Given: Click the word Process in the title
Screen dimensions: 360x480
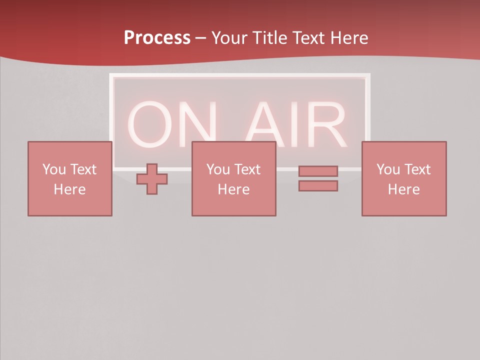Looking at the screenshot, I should (157, 37).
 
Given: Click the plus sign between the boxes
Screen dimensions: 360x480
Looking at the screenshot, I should (152, 179).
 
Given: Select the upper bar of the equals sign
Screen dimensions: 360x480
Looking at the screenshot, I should (318, 171).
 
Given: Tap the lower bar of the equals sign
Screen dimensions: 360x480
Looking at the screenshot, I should (318, 186).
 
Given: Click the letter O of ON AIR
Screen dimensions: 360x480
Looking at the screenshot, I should (150, 125).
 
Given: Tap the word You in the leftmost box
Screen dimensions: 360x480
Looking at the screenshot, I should (53, 169).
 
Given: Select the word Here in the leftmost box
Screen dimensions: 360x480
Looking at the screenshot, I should (69, 189).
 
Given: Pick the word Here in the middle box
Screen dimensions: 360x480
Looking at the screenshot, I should (233, 189).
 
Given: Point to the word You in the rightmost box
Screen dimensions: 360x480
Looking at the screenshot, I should (387, 169).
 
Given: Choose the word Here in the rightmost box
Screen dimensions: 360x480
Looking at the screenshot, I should (403, 189).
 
